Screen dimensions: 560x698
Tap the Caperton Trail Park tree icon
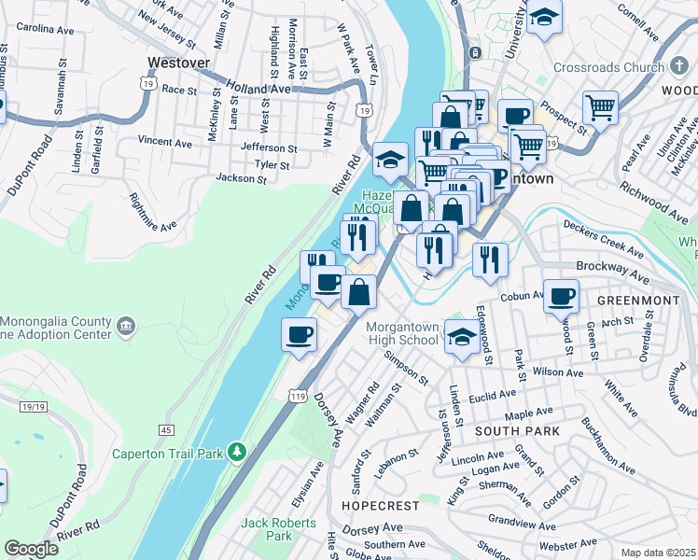click(x=239, y=454)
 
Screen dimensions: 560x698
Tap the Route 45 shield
click(x=166, y=429)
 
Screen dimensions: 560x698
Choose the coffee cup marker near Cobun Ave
click(x=560, y=296)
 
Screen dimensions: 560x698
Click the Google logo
click(x=31, y=549)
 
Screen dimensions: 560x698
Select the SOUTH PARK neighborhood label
click(x=517, y=431)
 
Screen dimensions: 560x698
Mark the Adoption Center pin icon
click(x=126, y=329)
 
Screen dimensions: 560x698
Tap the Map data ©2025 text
click(x=657, y=553)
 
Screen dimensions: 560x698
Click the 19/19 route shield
click(x=33, y=406)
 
